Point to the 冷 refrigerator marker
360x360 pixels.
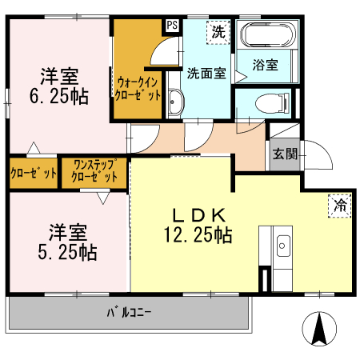[339, 204]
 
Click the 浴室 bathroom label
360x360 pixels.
[266, 66]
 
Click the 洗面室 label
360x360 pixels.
[206, 72]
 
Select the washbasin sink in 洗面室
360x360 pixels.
[176, 102]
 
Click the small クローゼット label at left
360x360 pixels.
[34, 172]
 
